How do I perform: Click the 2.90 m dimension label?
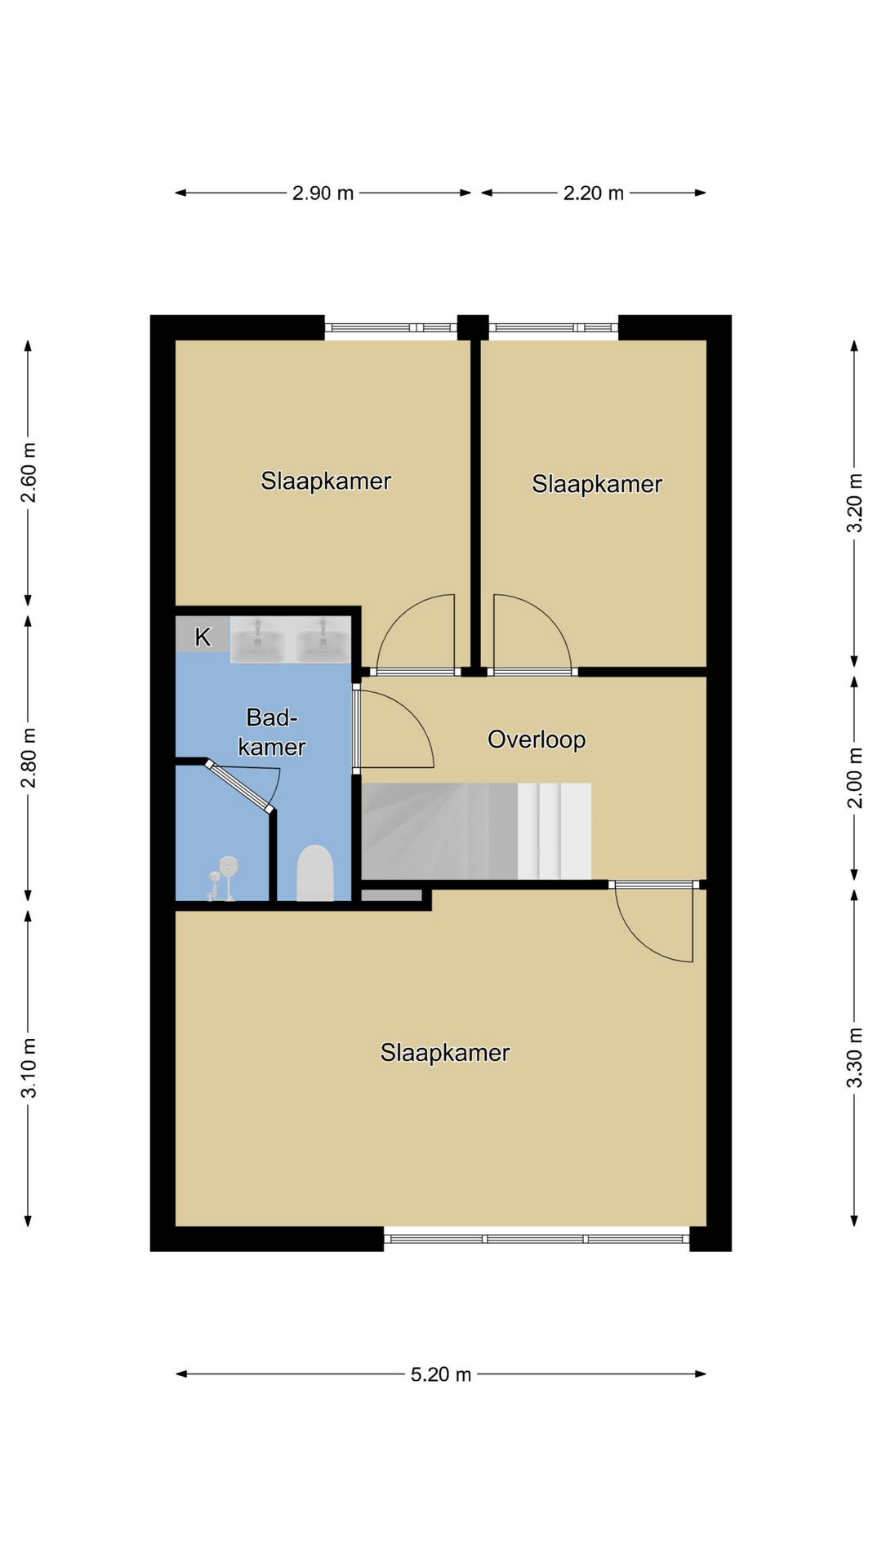[323, 193]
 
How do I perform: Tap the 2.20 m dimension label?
[594, 193]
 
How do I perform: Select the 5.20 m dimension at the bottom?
[441, 1374]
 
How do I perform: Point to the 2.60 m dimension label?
[29, 473]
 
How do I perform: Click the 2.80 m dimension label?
[29, 758]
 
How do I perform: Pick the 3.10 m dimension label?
[29, 1068]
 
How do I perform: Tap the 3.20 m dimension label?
[854, 503]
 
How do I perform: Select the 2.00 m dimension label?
[854, 778]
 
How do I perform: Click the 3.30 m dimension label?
[854, 1058]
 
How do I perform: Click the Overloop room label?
[537, 739]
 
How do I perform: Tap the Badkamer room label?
[272, 732]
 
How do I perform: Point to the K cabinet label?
[203, 637]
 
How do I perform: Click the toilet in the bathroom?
[314, 872]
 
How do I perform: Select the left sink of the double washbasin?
[257, 640]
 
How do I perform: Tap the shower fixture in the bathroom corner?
[222, 879]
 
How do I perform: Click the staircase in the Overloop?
[476, 831]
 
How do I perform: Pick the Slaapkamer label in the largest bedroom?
[445, 1053]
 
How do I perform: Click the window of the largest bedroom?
[537, 1239]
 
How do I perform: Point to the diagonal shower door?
[239, 787]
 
